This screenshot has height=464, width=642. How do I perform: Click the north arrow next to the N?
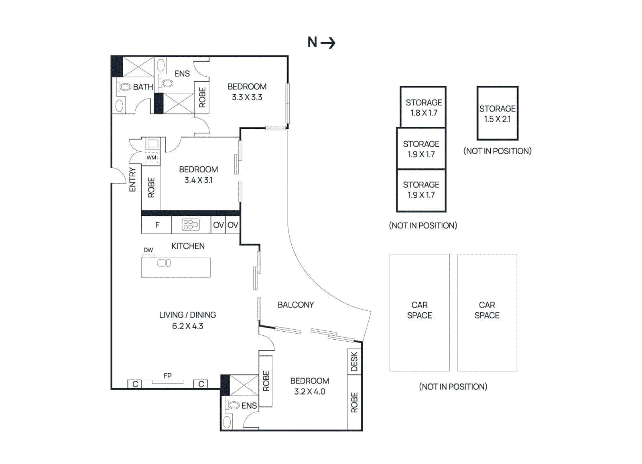pyautogui.click(x=328, y=43)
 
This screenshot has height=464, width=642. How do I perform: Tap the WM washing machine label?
pyautogui.click(x=151, y=158)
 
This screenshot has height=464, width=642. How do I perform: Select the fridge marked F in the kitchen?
pyautogui.click(x=156, y=225)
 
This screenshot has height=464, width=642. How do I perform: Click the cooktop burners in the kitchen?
pyautogui.click(x=191, y=225)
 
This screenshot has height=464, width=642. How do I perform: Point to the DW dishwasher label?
pyautogui.click(x=148, y=250)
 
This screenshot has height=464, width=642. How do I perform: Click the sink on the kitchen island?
pyautogui.click(x=164, y=263)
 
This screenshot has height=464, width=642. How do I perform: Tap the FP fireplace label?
pyautogui.click(x=168, y=376)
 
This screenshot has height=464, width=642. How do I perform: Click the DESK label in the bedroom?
pyautogui.click(x=355, y=361)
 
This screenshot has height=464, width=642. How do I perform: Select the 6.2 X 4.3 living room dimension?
pyautogui.click(x=188, y=326)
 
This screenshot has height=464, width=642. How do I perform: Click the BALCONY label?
pyautogui.click(x=296, y=305)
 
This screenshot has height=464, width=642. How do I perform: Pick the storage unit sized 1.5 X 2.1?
pyautogui.click(x=498, y=113)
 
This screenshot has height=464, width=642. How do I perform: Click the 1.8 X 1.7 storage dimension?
pyautogui.click(x=424, y=113)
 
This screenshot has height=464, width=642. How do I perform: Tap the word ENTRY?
pyautogui.click(x=132, y=180)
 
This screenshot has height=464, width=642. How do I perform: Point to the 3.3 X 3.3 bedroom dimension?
pyautogui.click(x=247, y=97)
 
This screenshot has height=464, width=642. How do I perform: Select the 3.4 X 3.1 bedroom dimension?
pyautogui.click(x=199, y=180)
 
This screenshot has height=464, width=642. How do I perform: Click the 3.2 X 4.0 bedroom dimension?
pyautogui.click(x=310, y=391)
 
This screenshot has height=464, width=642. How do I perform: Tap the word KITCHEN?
pyautogui.click(x=188, y=246)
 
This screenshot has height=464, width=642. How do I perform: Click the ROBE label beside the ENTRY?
pyautogui.click(x=151, y=188)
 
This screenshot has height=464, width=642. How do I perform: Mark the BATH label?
pyautogui.click(x=143, y=87)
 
